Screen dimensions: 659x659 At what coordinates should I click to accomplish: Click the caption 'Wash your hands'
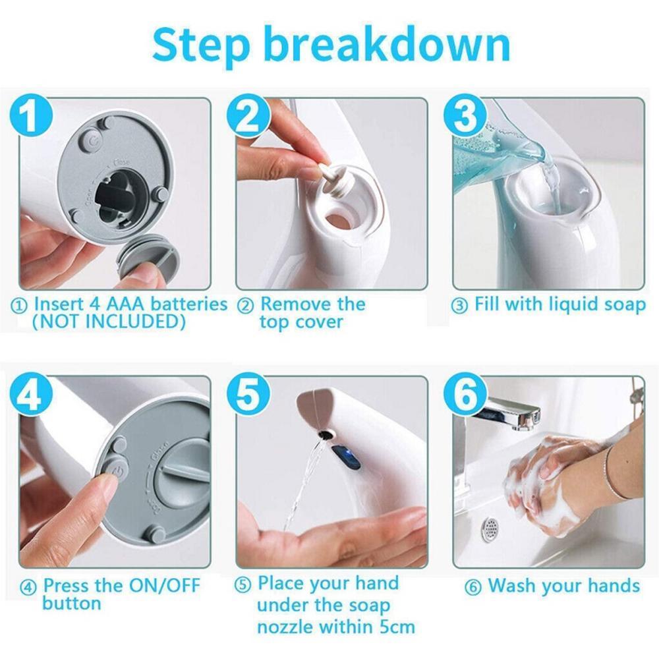[563, 586]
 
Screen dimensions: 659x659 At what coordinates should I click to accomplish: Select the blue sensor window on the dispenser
[346, 456]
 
